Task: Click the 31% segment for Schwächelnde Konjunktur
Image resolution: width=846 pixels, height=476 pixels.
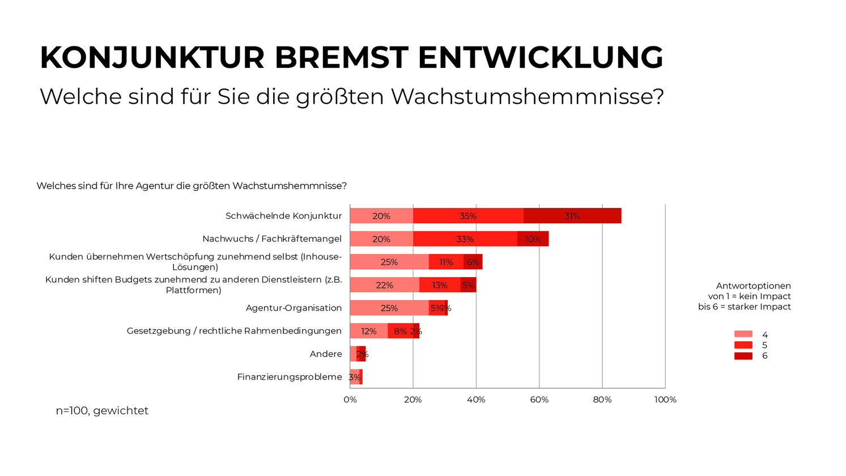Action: [x=572, y=216]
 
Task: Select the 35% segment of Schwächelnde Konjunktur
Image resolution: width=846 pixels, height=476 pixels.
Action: [x=468, y=216]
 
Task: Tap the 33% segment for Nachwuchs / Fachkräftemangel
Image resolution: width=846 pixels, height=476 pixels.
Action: [x=465, y=239]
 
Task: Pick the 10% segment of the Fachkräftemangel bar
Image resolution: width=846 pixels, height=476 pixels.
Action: [x=533, y=239]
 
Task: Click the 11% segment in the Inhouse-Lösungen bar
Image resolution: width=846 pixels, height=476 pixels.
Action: [x=446, y=262]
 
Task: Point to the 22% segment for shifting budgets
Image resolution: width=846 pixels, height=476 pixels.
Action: [x=384, y=285]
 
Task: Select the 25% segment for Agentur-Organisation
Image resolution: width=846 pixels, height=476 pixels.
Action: [x=389, y=308]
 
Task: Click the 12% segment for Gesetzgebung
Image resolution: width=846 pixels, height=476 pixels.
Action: [x=368, y=331]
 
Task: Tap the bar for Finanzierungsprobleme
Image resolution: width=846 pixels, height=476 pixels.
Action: [x=356, y=377]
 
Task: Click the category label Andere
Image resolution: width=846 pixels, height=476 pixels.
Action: [x=326, y=354]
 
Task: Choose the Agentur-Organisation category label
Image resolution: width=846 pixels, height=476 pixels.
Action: [x=294, y=308]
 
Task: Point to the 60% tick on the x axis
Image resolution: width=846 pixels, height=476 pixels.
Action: [x=539, y=399]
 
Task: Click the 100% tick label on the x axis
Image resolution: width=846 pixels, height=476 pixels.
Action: [x=665, y=399]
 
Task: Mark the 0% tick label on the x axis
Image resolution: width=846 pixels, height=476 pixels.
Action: [x=350, y=399]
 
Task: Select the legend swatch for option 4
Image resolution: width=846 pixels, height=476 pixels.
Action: [x=743, y=334]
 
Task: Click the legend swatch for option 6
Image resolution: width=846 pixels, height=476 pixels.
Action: [x=743, y=356]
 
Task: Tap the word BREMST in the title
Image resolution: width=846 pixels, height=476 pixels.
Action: [x=341, y=58]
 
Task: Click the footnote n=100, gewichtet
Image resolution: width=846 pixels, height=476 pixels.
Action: [x=102, y=410]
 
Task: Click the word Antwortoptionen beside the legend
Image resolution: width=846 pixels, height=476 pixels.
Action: [x=753, y=286]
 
